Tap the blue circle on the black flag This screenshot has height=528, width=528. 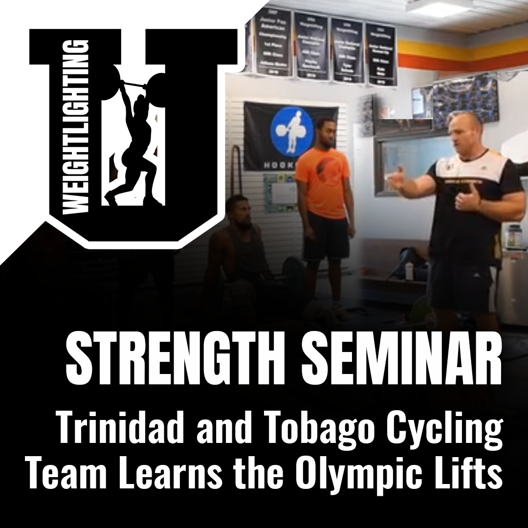[292, 130]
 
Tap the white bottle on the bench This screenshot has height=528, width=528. [408, 271]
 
